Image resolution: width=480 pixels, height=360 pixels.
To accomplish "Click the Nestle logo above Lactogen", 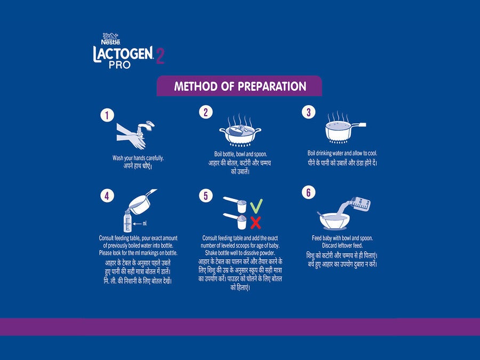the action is (110, 39).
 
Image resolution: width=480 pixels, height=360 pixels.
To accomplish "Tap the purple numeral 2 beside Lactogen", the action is (160, 56).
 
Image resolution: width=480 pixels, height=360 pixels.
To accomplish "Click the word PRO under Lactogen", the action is (119, 65).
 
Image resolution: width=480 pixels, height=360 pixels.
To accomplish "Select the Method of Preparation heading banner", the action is (239, 86).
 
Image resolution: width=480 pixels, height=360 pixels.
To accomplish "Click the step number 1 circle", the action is (107, 115).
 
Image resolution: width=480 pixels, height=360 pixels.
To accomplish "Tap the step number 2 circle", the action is (206, 112).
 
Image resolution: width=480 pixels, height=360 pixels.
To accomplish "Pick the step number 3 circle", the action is (309, 112).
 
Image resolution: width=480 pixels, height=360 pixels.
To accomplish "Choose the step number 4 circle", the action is (107, 196).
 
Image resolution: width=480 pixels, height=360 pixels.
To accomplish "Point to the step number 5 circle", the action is (206, 196).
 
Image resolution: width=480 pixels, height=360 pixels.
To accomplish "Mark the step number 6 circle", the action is (309, 193).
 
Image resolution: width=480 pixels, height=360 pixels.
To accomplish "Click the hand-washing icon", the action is (135, 135).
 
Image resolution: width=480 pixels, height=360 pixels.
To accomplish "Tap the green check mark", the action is (256, 206).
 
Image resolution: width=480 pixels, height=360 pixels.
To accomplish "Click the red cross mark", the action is (255, 222).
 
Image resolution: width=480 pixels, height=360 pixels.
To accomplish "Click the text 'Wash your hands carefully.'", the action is (138, 158).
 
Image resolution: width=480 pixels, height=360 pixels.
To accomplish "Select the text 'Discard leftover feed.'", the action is (342, 245).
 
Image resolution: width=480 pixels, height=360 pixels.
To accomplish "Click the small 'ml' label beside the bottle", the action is (145, 223).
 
